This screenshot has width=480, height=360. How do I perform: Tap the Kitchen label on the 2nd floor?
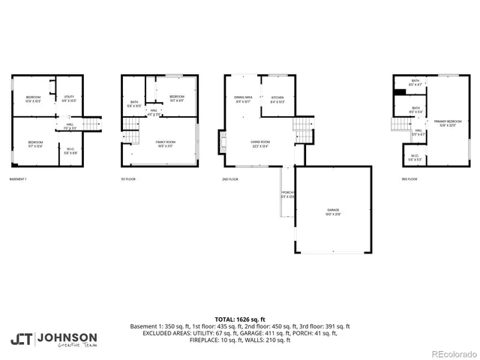(x=277, y=98)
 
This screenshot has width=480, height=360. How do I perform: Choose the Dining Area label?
(x=242, y=98)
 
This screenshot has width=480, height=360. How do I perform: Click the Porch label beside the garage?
(x=287, y=194)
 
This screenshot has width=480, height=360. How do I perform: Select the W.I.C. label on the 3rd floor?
(x=414, y=157)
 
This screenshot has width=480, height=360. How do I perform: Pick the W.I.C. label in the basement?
(x=70, y=151)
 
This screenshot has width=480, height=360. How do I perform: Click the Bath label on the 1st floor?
(x=134, y=104)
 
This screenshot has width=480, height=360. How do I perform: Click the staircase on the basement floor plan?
(x=91, y=124)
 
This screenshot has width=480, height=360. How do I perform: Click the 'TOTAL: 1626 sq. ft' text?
(x=240, y=319)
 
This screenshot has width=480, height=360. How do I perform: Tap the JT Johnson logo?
(x=53, y=339)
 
